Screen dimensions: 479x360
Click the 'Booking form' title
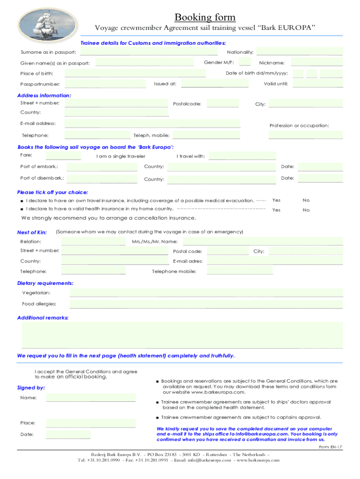click(205, 17)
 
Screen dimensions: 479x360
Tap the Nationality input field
click(299, 51)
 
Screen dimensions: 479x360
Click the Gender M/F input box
click(245, 62)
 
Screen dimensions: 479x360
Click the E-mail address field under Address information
click(152, 123)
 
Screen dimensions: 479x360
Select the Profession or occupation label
click(299, 125)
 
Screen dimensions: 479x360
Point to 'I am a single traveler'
click(121, 156)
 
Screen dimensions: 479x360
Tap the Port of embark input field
click(102, 167)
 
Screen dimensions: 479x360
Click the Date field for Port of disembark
click(320, 178)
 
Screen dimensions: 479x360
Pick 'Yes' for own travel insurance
click(276, 200)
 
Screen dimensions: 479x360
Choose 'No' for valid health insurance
click(306, 210)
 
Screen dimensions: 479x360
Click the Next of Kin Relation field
click(93, 241)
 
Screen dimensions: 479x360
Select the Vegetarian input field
click(206, 293)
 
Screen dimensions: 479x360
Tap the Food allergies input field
click(206, 304)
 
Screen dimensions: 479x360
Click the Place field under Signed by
click(91, 423)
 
